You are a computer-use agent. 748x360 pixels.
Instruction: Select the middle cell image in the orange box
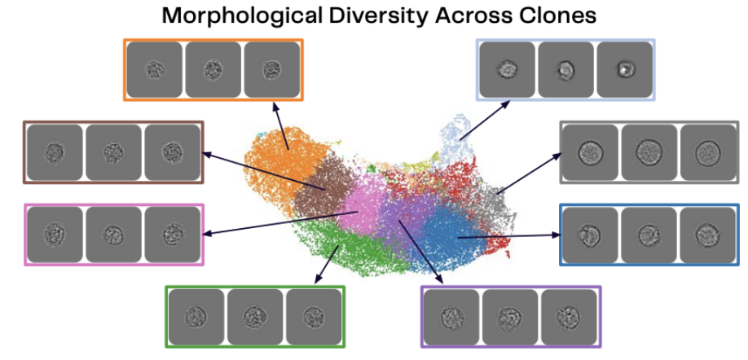pos(213,70)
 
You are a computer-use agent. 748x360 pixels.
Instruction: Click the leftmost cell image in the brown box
pos(55,152)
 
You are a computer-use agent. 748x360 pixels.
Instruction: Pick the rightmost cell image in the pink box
pos(172,235)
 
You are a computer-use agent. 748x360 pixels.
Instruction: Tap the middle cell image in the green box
pos(254,316)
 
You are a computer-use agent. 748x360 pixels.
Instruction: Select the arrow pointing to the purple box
pos(425,253)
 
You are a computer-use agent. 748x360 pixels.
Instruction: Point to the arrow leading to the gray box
pos(526,172)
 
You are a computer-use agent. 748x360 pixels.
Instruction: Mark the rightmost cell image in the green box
pos(314,316)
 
